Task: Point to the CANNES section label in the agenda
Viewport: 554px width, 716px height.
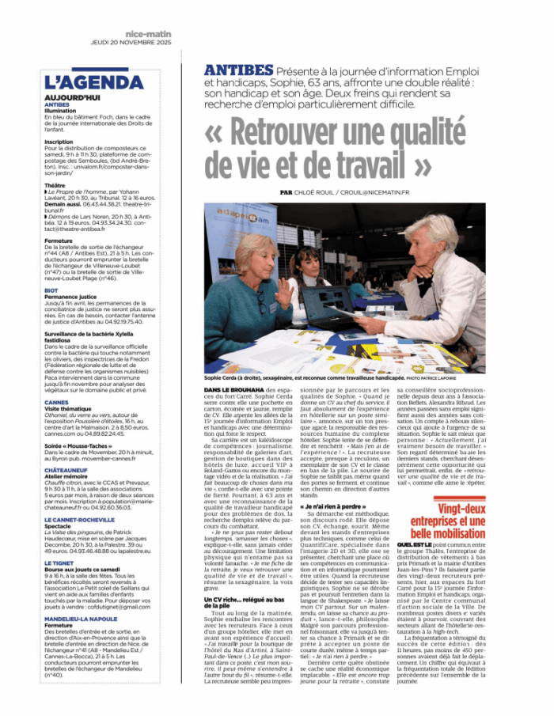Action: click(x=56, y=403)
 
